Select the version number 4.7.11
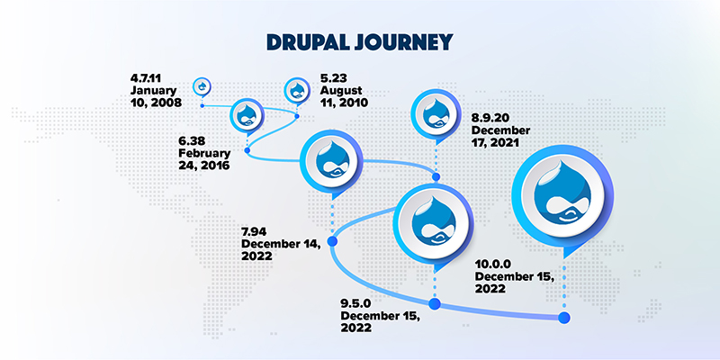(148, 77)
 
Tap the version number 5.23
(332, 77)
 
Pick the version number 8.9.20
(491, 118)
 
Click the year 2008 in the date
(166, 103)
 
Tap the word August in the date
(341, 91)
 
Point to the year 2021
(508, 144)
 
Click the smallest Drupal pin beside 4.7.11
(202, 86)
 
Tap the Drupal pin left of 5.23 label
(297, 90)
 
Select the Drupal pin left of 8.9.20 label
(436, 114)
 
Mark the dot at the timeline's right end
(564, 317)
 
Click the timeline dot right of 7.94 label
(331, 241)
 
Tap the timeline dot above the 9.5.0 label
(435, 305)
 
